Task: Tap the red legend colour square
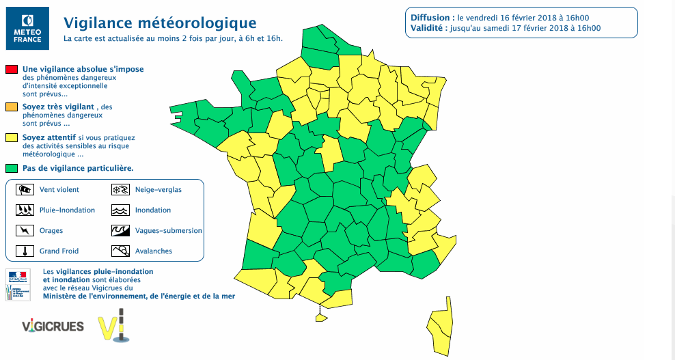coord(12,70)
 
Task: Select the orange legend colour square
coord(12,107)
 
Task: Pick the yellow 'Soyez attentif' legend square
coord(12,137)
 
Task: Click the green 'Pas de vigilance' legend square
coord(12,167)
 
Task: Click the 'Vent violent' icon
coord(25,190)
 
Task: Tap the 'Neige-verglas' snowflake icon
coord(120,190)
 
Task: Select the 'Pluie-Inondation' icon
coord(25,210)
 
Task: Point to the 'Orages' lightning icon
coord(25,231)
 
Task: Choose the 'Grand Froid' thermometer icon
coord(25,251)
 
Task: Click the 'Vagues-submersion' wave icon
coord(120,231)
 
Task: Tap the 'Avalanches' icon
coord(120,251)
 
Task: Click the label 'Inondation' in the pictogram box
coord(153,210)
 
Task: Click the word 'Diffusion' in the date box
coord(431,17)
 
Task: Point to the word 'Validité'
coord(428,28)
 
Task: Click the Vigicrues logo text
coord(53,326)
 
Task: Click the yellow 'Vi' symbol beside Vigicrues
coord(113,327)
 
